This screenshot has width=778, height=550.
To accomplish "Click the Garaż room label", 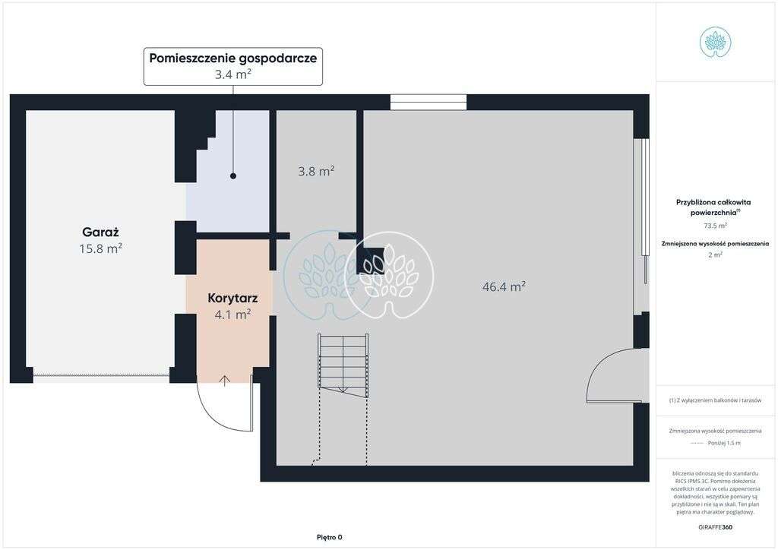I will click(102, 232).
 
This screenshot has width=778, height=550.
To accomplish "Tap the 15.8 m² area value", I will click(101, 248).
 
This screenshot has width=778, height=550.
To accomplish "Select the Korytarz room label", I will click(232, 298).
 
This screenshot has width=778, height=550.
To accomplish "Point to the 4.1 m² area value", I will click(232, 313).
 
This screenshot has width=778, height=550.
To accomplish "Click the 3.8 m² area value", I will click(316, 172).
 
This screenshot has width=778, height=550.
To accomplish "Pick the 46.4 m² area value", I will click(504, 286).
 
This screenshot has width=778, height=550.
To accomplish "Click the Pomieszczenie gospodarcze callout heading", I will click(233, 58).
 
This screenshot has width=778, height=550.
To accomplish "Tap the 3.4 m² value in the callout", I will click(233, 74).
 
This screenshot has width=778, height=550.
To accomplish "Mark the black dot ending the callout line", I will click(233, 176).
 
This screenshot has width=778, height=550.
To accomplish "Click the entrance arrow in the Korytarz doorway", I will click(225, 381).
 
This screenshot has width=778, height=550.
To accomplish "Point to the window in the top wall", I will click(429, 102).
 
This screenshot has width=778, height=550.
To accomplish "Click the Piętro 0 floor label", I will click(330, 537).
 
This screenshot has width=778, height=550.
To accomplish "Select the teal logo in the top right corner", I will click(715, 42).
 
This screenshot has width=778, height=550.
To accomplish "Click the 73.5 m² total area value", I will click(715, 226).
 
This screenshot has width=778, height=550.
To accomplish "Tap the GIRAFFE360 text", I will click(715, 526).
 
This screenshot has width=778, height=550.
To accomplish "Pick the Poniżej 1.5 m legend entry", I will click(723, 443).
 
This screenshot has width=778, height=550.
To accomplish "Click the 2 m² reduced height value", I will click(715, 254).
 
